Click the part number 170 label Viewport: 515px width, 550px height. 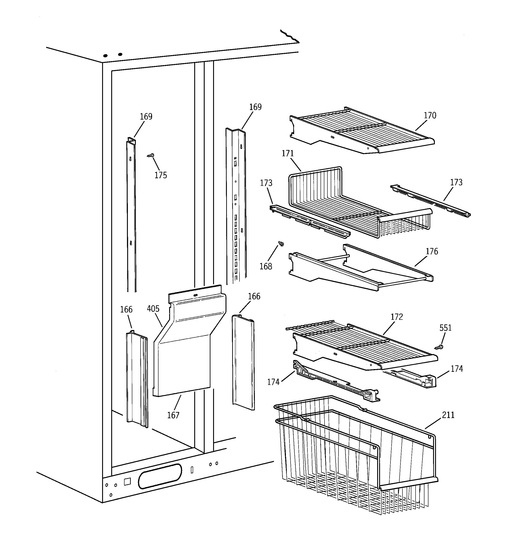[x=430, y=115]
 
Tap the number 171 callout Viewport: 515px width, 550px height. [x=287, y=153]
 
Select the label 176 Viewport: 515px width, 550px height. [x=432, y=252]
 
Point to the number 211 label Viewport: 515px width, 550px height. [x=448, y=415]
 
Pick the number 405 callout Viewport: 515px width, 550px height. [x=153, y=309]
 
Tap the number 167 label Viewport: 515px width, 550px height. [x=173, y=415]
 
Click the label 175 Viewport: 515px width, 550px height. [x=161, y=175]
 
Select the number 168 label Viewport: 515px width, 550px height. [x=266, y=266]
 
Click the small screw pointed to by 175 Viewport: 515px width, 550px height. [x=151, y=156]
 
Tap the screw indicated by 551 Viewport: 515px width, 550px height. [x=439, y=347]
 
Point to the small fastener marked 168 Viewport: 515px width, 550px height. [x=281, y=244]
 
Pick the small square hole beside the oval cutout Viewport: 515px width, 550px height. [x=127, y=482]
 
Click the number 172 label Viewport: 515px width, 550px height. [x=397, y=317]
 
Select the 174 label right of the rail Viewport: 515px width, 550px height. [x=457, y=369]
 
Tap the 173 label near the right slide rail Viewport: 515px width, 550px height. [x=456, y=182]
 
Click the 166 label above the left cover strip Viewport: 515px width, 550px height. [x=126, y=310]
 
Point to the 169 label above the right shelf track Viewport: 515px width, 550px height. [x=255, y=107]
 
